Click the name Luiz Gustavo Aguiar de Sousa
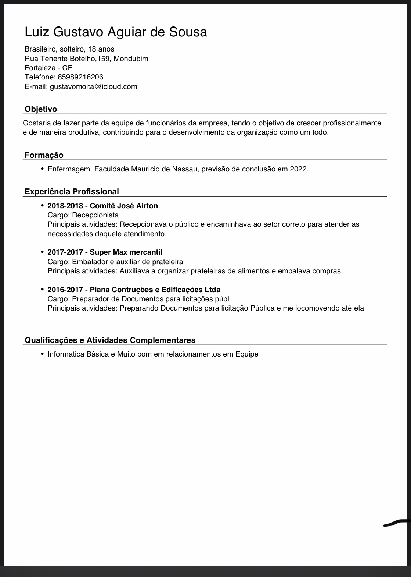pos(116,32)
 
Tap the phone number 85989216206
pos(80,77)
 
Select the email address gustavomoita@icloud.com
pos(93,86)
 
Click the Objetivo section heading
pos(41,109)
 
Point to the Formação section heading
pos(44,155)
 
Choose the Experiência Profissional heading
pos(72,191)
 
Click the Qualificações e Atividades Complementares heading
pos(110,340)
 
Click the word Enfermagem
pos(70,169)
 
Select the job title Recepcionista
pos(95,215)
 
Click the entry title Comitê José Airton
pos(124,206)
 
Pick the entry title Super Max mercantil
pos(126,252)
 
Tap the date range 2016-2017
pos(65,289)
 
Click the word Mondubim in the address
pos(131,59)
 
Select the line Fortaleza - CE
pos(48,68)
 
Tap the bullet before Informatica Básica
pos(43,354)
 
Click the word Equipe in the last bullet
pos(247,354)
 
